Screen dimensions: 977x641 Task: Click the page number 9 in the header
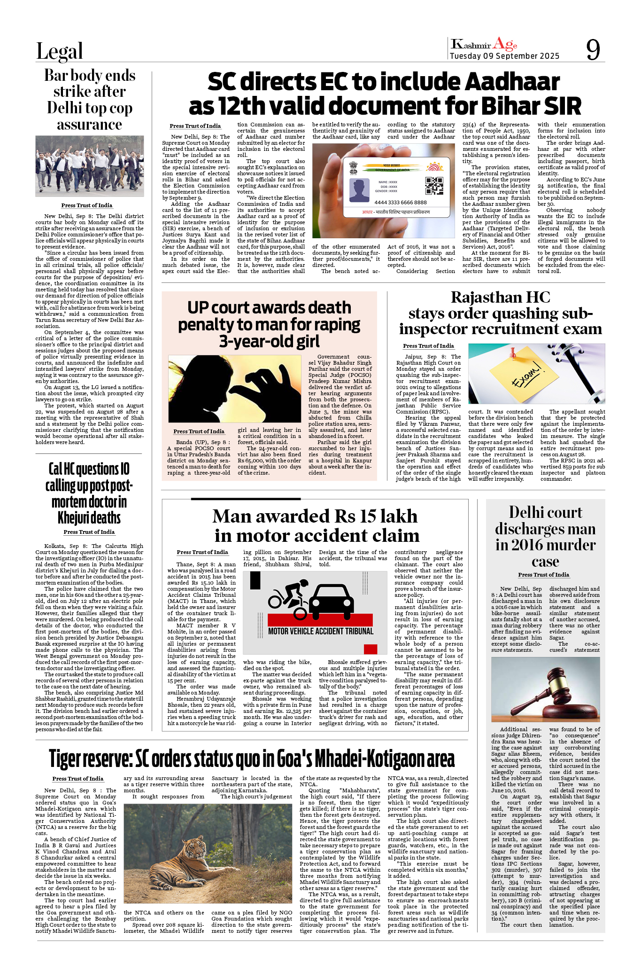pos(593,49)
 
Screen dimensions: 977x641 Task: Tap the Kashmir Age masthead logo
pos(484,45)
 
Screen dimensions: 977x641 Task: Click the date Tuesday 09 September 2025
pos(504,56)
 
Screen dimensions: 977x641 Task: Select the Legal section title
pos(60,51)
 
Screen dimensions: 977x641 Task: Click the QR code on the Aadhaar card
pos(434,186)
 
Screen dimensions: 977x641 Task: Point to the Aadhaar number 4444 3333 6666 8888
pos(401,203)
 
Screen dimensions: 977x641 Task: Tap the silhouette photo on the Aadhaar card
pos(360,189)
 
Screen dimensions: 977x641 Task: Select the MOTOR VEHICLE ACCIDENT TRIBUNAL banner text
pos(321,631)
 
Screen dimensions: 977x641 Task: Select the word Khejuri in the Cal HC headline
pos(89,518)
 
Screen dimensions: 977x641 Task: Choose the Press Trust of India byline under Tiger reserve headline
pos(78,779)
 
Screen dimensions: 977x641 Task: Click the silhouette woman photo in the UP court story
pos(234,389)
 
